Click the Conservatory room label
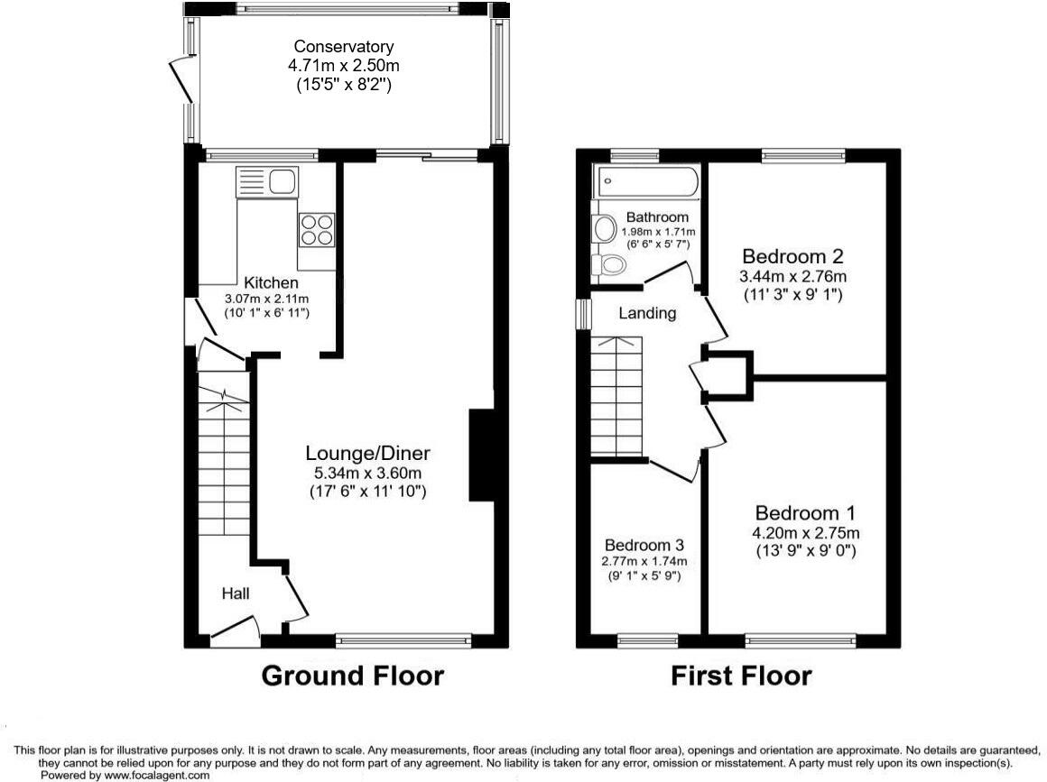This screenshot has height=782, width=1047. click(344, 47)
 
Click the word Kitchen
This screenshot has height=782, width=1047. click(264, 283)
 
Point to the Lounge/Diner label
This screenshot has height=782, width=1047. click(367, 453)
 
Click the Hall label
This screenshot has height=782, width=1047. click(236, 593)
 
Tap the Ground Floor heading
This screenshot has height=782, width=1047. click(352, 676)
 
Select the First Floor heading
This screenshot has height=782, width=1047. click(740, 676)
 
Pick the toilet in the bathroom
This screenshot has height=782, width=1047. click(609, 264)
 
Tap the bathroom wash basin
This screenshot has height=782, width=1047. click(600, 229)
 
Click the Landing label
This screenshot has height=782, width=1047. click(647, 314)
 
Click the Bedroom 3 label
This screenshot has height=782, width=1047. click(644, 546)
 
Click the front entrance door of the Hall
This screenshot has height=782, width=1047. click(235, 634)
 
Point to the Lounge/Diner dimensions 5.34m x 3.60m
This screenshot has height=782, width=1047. click(367, 473)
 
